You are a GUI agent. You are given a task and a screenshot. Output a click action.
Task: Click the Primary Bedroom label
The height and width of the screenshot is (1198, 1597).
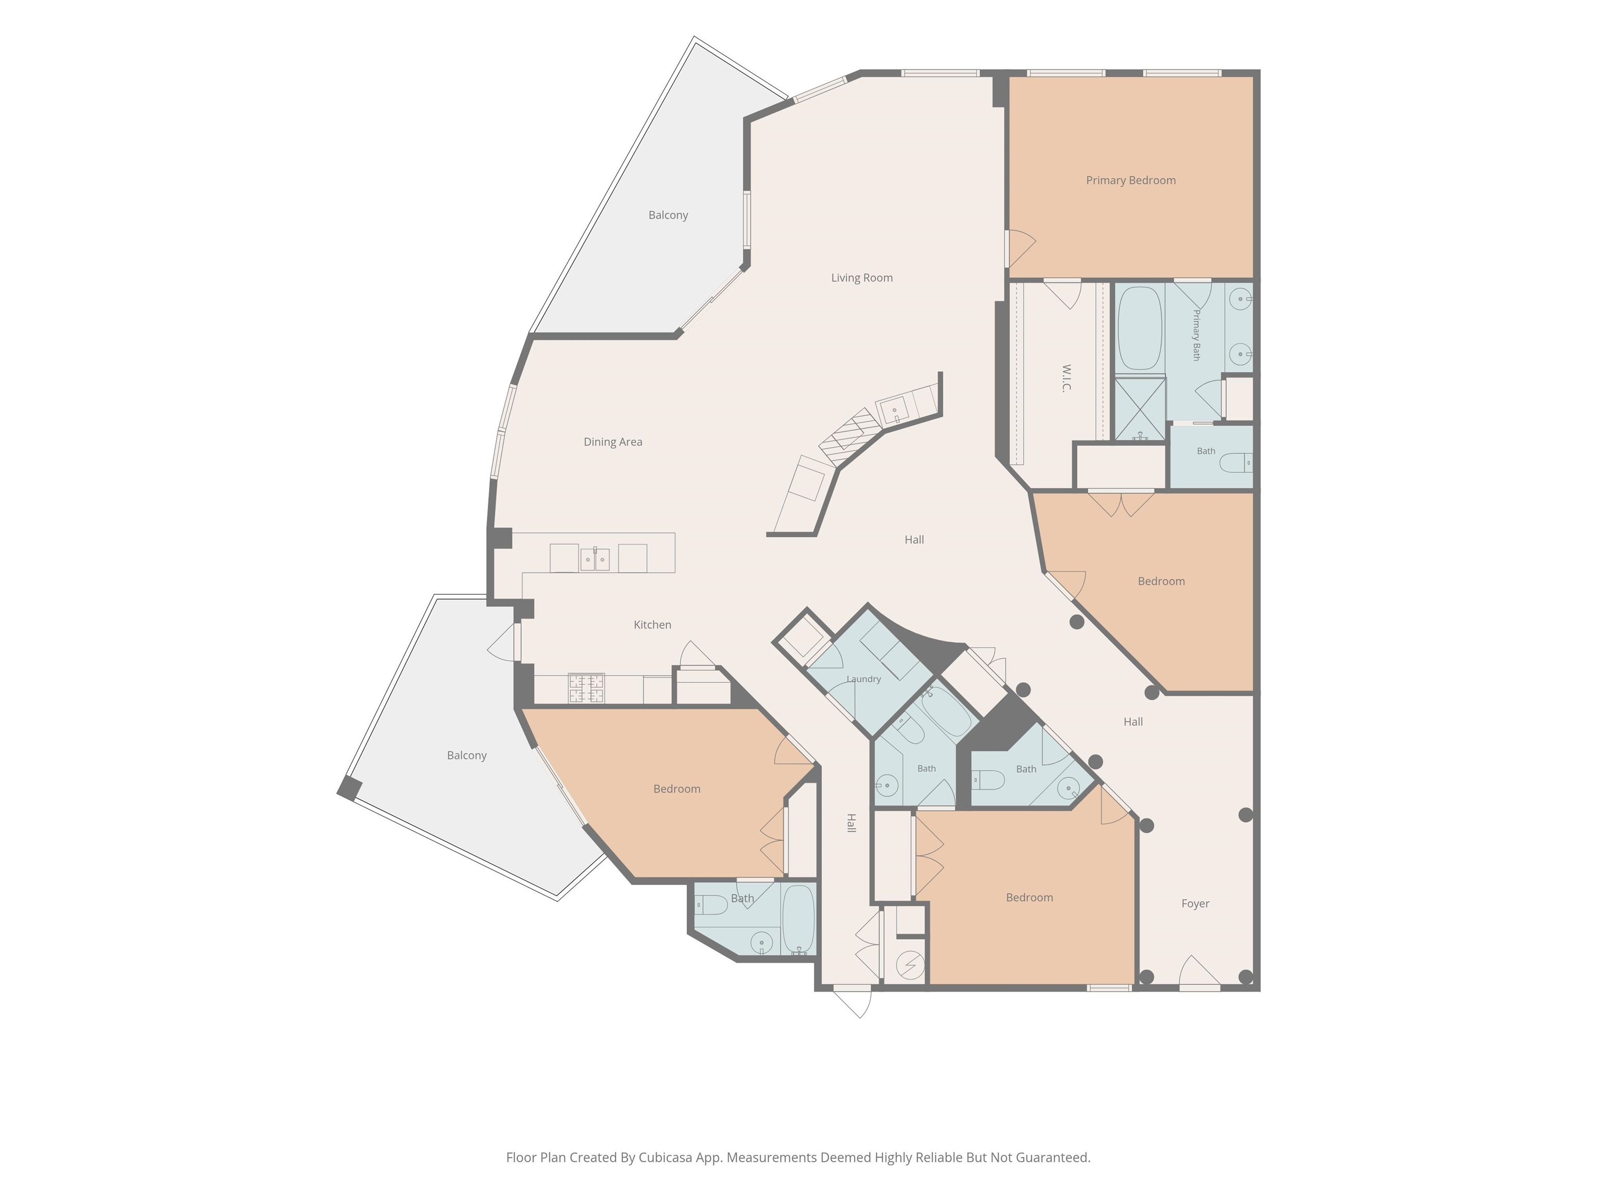tap(1131, 180)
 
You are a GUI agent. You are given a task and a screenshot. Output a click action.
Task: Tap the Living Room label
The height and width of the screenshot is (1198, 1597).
tap(861, 278)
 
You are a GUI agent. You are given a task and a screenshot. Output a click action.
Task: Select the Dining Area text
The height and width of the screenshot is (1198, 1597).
tap(613, 442)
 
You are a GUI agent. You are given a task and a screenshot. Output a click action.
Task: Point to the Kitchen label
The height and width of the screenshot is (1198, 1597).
tap(652, 624)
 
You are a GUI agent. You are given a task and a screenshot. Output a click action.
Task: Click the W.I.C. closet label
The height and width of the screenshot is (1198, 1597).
tap(1066, 377)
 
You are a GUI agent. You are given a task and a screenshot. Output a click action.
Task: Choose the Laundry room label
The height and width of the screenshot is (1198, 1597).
tap(863, 679)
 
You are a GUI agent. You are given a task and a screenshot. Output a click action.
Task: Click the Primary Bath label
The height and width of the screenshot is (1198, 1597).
tap(1196, 335)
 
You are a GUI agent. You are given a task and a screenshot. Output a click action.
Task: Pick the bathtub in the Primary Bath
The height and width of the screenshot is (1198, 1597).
tap(1140, 329)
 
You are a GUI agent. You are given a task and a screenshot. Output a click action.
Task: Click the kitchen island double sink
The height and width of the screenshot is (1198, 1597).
tap(595, 559)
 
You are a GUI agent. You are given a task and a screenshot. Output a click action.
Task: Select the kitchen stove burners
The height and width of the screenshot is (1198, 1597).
tap(586, 688)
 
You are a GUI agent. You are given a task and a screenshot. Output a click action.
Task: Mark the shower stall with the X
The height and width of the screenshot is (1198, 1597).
tap(1140, 409)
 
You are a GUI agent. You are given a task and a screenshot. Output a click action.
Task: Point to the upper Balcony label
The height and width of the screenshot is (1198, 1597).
tap(668, 215)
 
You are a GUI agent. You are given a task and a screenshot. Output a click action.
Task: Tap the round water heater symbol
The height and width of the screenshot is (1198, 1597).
tap(910, 964)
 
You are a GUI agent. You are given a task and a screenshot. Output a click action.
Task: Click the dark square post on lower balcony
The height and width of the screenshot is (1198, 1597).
tap(349, 787)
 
